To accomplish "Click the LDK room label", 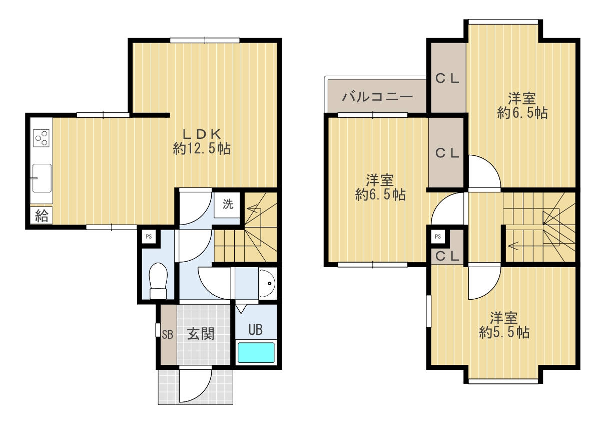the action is (202, 134).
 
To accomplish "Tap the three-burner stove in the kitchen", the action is (42, 138).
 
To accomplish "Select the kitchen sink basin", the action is (42, 178).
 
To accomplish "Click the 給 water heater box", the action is (42, 216).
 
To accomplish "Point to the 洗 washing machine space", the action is (227, 204).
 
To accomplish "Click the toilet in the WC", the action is (158, 281).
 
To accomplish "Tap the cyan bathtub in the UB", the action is (256, 352).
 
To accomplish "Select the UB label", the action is (255, 330).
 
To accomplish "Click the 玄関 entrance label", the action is (201, 333).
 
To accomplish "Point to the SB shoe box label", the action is (168, 335).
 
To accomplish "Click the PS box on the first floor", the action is (149, 237).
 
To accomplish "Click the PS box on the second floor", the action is (438, 237).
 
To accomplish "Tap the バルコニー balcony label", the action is (377, 96).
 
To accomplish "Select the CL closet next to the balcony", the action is (447, 79).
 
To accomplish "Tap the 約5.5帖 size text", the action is (504, 332).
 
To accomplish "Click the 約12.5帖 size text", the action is (202, 149).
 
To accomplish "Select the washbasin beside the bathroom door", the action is (267, 283).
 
